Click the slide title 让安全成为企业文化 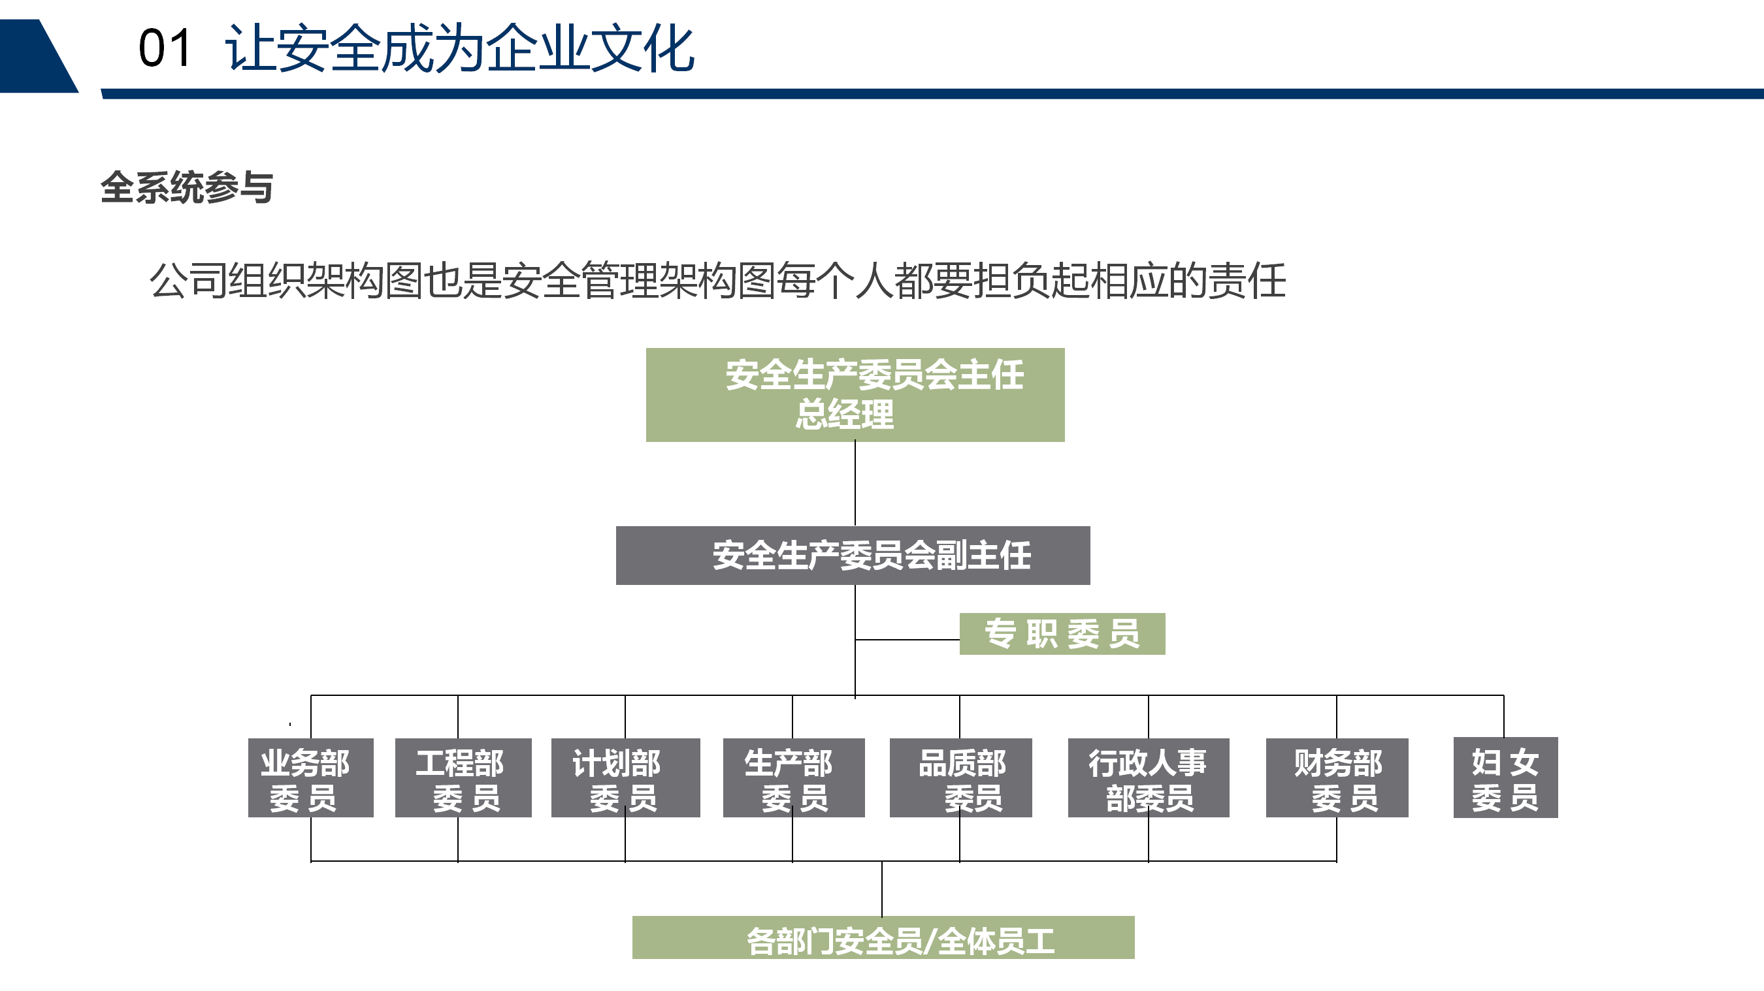pyautogui.click(x=459, y=48)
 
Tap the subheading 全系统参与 pyautogui.click(x=187, y=187)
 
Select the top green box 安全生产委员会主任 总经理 pyautogui.click(x=855, y=395)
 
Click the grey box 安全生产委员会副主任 pyautogui.click(x=853, y=555)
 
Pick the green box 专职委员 pyautogui.click(x=1062, y=634)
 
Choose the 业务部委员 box pyautogui.click(x=311, y=778)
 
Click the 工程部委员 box pyautogui.click(x=464, y=778)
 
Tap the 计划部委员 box pyautogui.click(x=626, y=778)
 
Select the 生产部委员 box pyautogui.click(x=794, y=778)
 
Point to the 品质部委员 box pyautogui.click(x=961, y=778)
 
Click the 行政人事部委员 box pyautogui.click(x=1149, y=778)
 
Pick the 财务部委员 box pyautogui.click(x=1337, y=778)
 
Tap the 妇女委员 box pyautogui.click(x=1506, y=778)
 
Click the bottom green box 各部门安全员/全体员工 pyautogui.click(x=883, y=937)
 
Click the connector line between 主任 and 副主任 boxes pyautogui.click(x=855, y=484)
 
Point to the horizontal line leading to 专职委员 pyautogui.click(x=907, y=640)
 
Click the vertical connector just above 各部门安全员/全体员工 pyautogui.click(x=882, y=889)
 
